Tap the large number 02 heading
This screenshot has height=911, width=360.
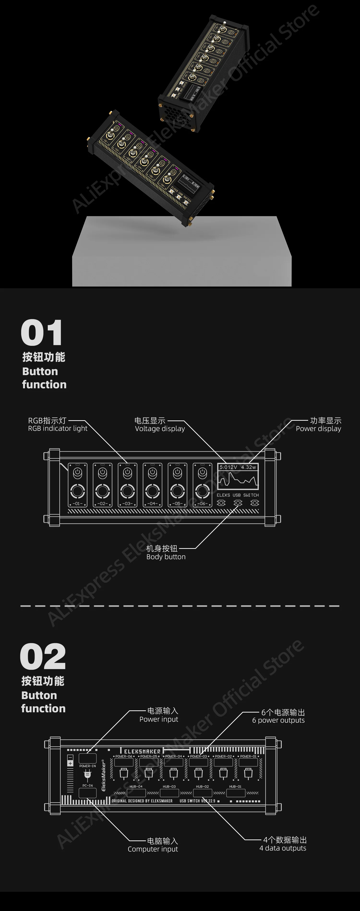(x=43, y=656)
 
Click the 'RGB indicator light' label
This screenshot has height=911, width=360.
(x=58, y=429)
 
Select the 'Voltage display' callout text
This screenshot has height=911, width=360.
(x=160, y=429)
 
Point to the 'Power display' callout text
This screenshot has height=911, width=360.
(x=318, y=429)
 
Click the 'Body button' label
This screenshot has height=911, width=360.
(x=166, y=557)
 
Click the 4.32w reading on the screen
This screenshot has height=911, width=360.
(x=249, y=467)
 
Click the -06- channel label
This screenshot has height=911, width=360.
(x=202, y=503)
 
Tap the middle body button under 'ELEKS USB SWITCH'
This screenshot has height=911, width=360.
(x=238, y=503)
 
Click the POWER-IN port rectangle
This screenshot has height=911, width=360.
(x=87, y=758)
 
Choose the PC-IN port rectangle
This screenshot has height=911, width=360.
(x=87, y=792)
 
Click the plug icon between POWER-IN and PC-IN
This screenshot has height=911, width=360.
(x=87, y=775)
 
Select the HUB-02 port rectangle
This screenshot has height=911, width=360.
(x=203, y=793)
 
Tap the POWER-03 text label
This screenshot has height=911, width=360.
(x=198, y=756)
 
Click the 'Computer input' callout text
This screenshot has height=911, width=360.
(x=153, y=849)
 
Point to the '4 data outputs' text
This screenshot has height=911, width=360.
(x=283, y=848)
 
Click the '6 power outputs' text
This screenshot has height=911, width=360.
(x=278, y=720)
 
